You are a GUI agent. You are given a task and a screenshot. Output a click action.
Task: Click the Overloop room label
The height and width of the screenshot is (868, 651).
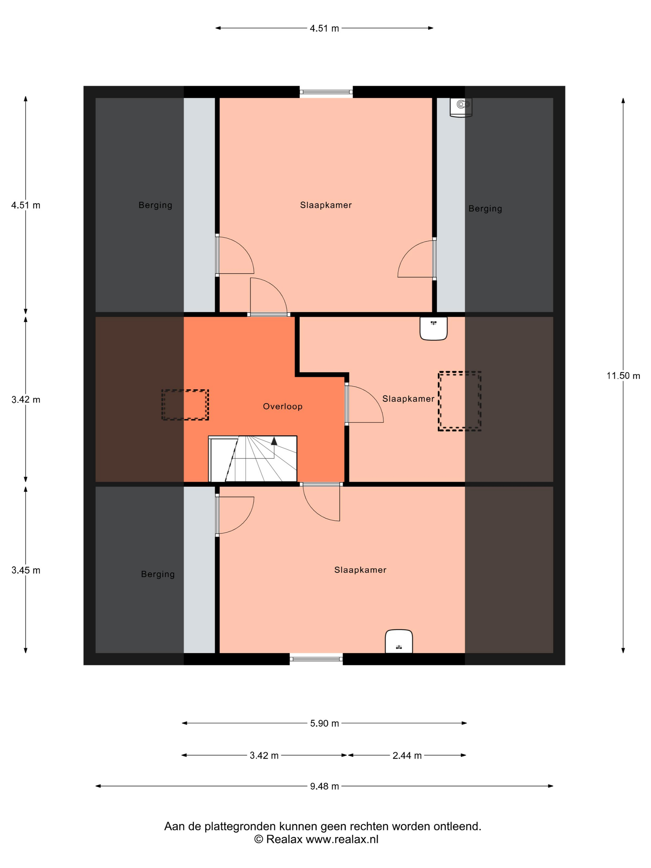(282, 406)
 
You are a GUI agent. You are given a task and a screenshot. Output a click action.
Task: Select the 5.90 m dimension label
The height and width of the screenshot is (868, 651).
(324, 723)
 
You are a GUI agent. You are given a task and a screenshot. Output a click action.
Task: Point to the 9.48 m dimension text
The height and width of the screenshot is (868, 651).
(324, 786)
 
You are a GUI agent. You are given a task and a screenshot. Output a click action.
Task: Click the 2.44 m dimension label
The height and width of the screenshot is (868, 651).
(407, 755)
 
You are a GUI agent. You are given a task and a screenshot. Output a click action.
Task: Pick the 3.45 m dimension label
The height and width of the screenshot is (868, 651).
(26, 570)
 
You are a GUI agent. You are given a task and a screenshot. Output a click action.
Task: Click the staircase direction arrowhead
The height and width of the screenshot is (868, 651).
(274, 441)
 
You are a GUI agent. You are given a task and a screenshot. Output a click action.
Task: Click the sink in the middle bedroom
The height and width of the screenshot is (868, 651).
(434, 328)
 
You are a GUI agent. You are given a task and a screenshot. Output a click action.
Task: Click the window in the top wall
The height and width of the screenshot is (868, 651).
(326, 92)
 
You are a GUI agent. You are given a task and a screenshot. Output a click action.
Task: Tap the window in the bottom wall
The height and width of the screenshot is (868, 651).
(316, 659)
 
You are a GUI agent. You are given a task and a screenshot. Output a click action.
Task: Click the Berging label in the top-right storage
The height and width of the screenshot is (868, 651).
(485, 209)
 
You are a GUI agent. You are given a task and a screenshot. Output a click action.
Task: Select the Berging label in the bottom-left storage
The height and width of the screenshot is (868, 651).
(158, 574)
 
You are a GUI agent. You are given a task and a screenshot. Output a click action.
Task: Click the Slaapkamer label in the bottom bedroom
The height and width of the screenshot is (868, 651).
(360, 570)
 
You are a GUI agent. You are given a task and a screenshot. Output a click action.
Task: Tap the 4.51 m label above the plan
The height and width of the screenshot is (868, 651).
(324, 28)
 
